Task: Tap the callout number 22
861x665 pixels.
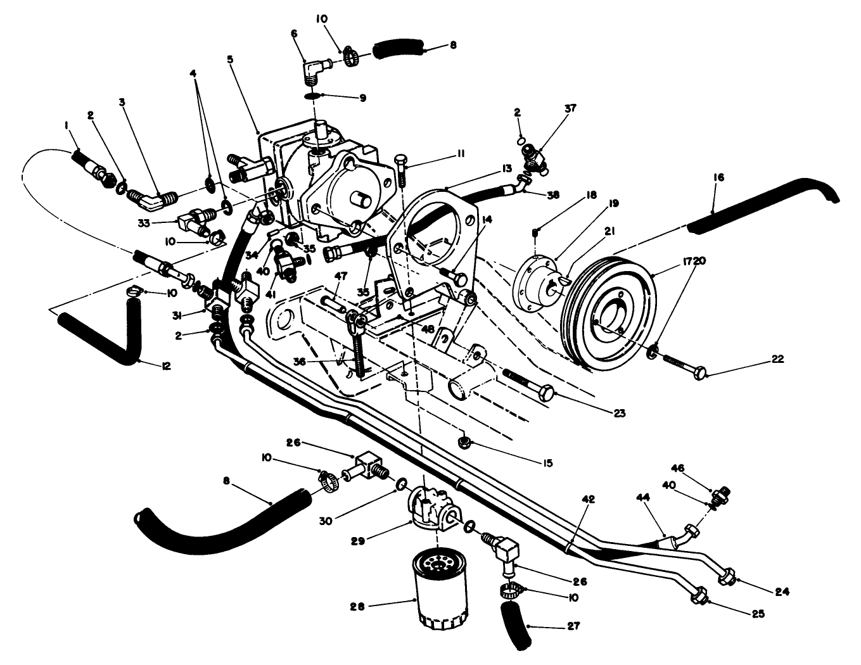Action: pyautogui.click(x=778, y=359)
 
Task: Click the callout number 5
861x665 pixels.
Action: pyautogui.click(x=231, y=60)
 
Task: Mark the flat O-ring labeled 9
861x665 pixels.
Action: pyautogui.click(x=312, y=96)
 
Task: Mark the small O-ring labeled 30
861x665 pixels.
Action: pyautogui.click(x=401, y=484)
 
